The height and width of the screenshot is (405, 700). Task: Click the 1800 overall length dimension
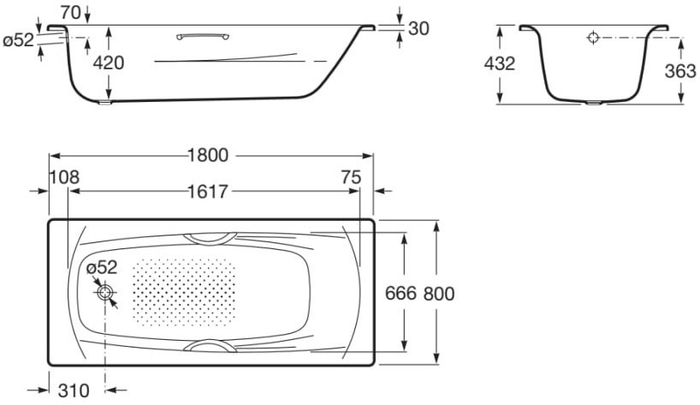click(x=208, y=155)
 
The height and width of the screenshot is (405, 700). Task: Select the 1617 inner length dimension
click(x=208, y=192)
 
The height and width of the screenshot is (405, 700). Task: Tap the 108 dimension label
click(x=64, y=177)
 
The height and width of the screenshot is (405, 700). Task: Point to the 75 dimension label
click(x=351, y=177)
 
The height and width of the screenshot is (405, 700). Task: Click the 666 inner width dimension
click(x=400, y=294)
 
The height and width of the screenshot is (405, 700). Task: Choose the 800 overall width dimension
click(x=439, y=294)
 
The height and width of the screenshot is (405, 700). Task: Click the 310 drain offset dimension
click(x=74, y=390)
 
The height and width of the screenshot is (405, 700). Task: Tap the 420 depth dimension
click(x=109, y=63)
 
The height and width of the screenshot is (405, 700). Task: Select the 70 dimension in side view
click(x=70, y=13)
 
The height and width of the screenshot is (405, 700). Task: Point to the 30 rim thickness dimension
click(x=418, y=28)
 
